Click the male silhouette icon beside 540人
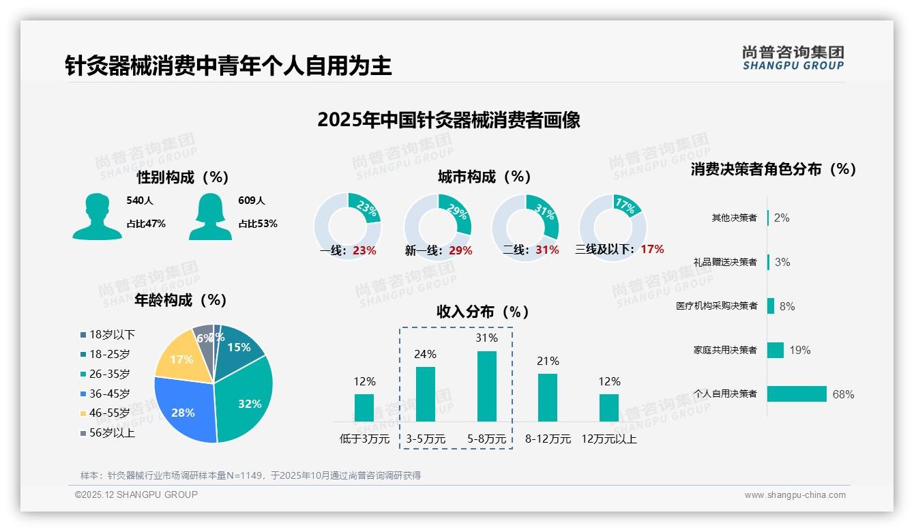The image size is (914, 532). point(97,216)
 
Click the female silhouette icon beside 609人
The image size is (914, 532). point(210,216)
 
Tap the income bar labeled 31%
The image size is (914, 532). point(486,386)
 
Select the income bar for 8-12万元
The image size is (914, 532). point(548,397)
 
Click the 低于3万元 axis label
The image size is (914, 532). point(364,439)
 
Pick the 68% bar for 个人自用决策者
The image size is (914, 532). point(797,394)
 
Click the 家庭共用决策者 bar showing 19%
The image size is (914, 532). point(776,350)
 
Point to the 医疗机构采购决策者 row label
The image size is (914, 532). point(716,306)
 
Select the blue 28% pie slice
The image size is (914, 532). point(183,409)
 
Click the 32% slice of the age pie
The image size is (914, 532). point(247,399)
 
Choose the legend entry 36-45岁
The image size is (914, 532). point(109,394)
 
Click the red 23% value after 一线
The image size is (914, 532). point(364,250)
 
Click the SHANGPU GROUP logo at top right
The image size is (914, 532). point(793,58)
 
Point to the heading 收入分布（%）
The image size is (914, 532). point(483,312)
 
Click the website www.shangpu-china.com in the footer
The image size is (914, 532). point(795,495)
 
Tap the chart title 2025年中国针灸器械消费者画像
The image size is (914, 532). point(449,120)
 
